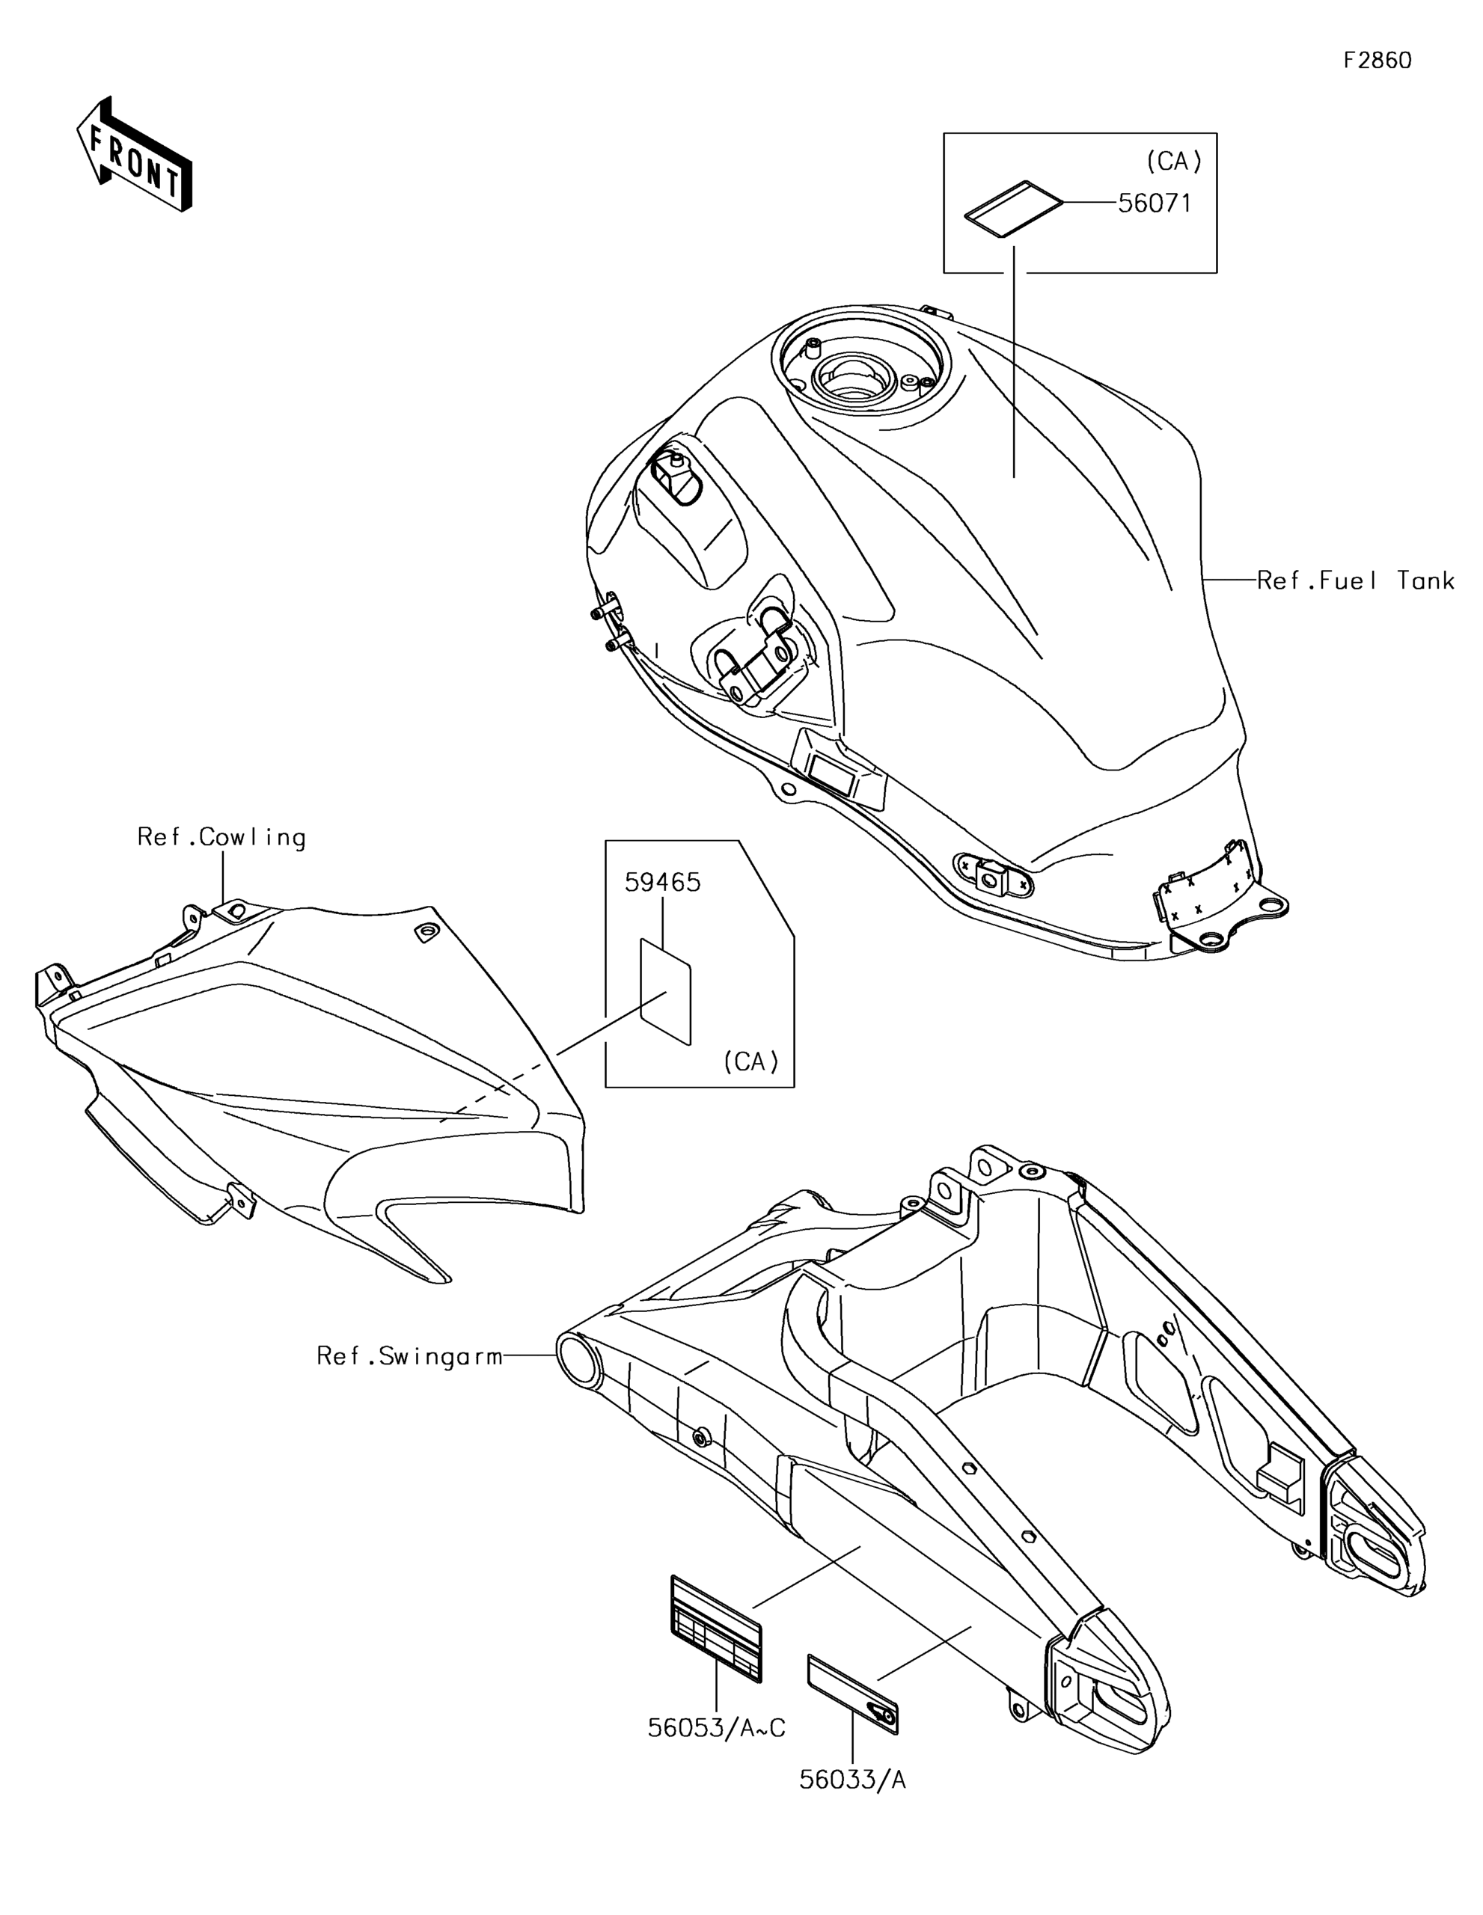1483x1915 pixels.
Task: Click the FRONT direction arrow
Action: pos(133,154)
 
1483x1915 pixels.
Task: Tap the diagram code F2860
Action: pos(1377,61)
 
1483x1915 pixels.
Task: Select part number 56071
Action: pos(1155,203)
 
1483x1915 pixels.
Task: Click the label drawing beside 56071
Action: pos(1014,209)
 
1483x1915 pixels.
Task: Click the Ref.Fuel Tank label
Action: pos(1356,580)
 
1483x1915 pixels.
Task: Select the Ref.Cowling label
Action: pos(222,837)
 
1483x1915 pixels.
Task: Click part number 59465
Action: pos(663,882)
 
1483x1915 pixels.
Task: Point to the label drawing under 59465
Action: pos(666,992)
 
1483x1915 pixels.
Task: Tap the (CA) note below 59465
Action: pos(750,1061)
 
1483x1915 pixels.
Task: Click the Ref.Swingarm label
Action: pos(409,1356)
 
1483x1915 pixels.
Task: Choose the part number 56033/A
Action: pos(852,1780)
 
